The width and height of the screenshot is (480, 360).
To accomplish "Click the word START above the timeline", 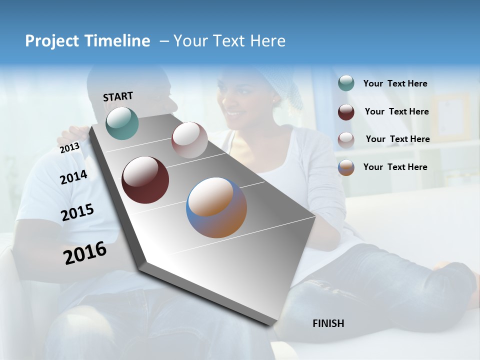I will point(118,96).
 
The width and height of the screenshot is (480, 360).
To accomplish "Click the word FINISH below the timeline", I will point(328,323).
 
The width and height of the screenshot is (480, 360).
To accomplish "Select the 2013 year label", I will point(69,148).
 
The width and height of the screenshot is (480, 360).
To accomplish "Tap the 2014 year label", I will point(73,177).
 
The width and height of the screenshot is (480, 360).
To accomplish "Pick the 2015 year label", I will point(77,212).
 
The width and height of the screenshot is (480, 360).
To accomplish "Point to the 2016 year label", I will point(85,253).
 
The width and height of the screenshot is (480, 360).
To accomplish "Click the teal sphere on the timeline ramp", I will point(122,123).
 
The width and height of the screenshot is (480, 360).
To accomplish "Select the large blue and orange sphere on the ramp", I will point(216,207).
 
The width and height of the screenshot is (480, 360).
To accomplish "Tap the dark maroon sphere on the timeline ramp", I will point(145,180).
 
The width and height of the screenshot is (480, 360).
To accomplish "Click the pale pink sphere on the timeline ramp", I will point(189,140).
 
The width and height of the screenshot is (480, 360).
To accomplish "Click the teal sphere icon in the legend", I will point(346,83).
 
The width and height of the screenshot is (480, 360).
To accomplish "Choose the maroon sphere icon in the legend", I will point(346,112).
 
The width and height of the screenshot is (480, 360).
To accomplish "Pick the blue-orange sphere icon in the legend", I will point(346,167).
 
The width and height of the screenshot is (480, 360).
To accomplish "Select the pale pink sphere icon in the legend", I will point(346,139).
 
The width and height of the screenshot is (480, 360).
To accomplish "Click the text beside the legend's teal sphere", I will point(395,84).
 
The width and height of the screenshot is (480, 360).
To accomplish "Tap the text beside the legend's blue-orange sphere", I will point(395,167).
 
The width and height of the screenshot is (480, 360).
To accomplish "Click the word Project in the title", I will point(51,41).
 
